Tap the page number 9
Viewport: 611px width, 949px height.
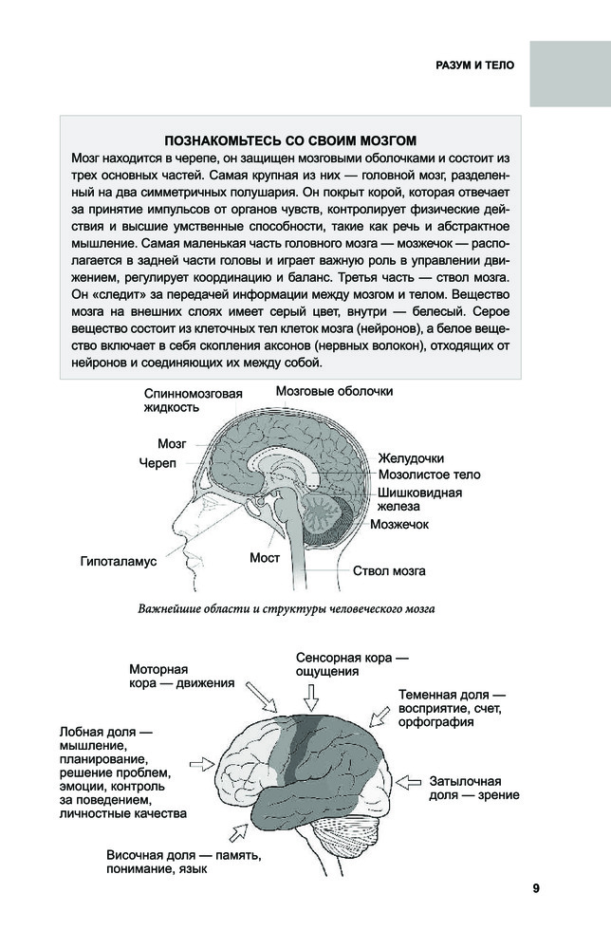[x=536, y=888]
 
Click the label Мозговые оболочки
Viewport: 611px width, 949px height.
[x=334, y=391]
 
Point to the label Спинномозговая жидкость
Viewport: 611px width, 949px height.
[x=194, y=400]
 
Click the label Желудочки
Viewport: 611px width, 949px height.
[x=411, y=458]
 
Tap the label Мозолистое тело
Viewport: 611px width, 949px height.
[x=429, y=474]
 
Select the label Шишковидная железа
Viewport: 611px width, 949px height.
[x=419, y=499]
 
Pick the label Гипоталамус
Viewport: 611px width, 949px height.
[x=119, y=561]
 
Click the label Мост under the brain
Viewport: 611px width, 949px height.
[x=265, y=558]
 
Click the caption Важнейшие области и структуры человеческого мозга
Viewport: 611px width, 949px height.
[x=287, y=608]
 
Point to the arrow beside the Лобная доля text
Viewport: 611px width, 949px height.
[x=204, y=762]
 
